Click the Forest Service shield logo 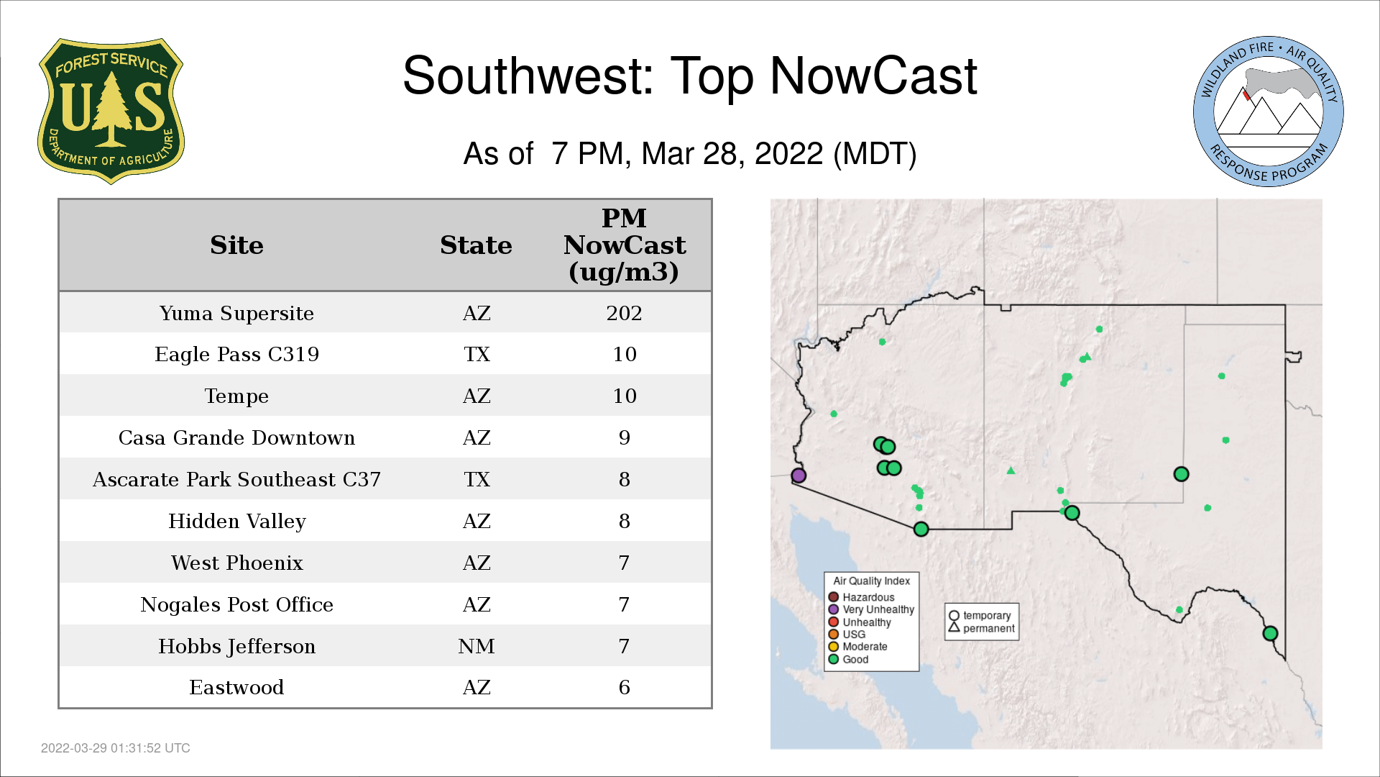[111, 112]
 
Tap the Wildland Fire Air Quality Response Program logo [1269, 112]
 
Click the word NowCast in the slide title [873, 76]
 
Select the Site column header [236, 245]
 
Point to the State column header [476, 245]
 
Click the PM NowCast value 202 [624, 313]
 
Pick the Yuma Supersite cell [236, 314]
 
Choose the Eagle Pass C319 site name [236, 355]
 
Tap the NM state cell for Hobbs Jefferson [477, 646]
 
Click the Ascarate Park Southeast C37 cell [236, 479]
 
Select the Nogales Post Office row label [236, 604]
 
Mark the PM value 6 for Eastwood [624, 688]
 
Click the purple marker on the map [799, 476]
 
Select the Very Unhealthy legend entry [871, 609]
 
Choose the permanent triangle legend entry [982, 628]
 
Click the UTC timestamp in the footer [116, 748]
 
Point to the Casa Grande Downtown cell [236, 438]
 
